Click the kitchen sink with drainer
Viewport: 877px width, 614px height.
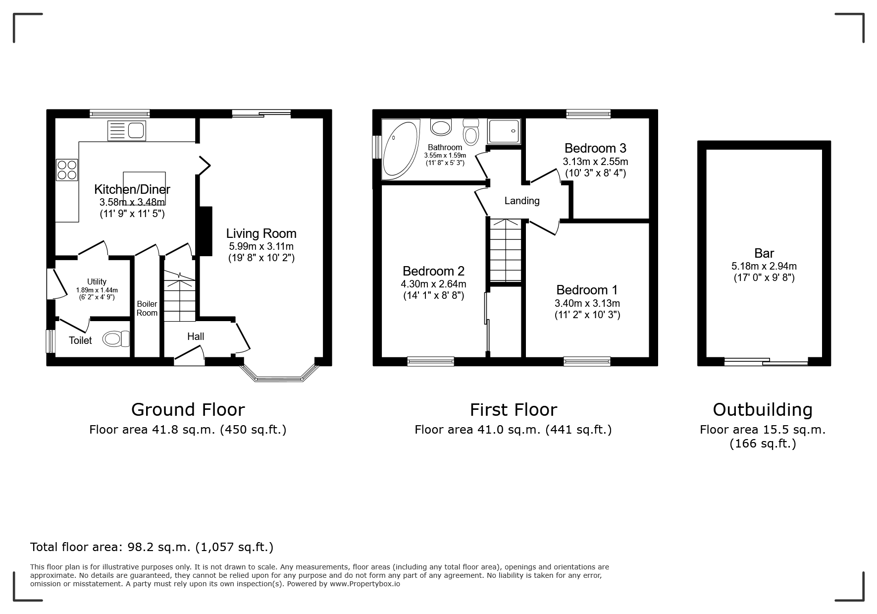click(x=127, y=130)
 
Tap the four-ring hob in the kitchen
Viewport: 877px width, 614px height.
click(x=67, y=169)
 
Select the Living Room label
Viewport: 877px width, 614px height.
click(x=261, y=233)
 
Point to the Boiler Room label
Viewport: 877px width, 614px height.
click(x=147, y=308)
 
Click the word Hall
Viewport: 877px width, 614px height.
click(x=196, y=336)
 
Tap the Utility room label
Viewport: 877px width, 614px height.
click(x=97, y=281)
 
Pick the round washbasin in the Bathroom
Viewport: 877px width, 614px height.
click(x=441, y=127)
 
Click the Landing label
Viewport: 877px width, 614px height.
click(x=522, y=201)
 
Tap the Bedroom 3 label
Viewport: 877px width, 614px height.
click(x=595, y=148)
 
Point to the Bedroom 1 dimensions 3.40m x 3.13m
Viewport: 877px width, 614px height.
click(x=587, y=303)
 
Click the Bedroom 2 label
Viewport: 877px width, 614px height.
click(x=433, y=271)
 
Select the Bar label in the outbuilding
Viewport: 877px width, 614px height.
click(x=764, y=253)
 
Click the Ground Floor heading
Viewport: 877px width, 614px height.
click(x=188, y=410)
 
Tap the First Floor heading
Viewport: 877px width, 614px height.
click(x=513, y=410)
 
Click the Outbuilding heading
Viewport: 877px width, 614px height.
click(x=763, y=410)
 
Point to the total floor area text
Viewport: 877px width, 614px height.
click(x=152, y=547)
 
